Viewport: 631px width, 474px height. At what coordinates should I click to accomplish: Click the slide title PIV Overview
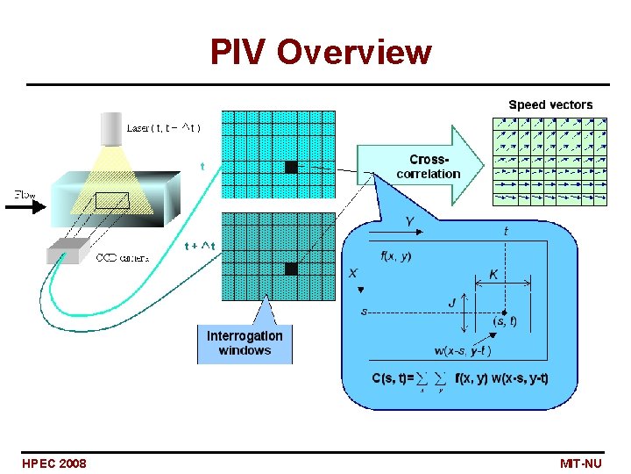click(x=320, y=53)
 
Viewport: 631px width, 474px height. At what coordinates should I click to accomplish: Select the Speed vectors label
click(x=550, y=104)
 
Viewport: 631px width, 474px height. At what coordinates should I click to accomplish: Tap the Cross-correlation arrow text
click(x=428, y=166)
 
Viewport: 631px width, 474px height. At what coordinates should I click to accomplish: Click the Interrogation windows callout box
click(x=245, y=342)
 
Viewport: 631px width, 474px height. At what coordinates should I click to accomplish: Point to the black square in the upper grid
click(x=291, y=167)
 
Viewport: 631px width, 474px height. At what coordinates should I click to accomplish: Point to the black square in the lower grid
click(x=291, y=269)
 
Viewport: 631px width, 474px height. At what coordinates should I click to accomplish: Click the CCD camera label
click(x=122, y=258)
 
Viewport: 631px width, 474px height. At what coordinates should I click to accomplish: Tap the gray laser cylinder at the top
click(x=135, y=130)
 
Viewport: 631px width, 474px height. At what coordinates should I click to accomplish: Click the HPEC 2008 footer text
click(x=54, y=463)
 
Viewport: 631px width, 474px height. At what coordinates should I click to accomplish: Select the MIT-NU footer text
click(x=580, y=463)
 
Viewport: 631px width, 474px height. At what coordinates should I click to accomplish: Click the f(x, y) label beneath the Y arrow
click(x=395, y=256)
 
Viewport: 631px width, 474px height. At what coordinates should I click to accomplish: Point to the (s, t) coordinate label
click(x=505, y=321)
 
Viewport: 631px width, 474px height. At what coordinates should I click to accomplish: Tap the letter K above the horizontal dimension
click(x=493, y=274)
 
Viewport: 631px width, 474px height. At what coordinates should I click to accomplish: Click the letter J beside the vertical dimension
click(x=452, y=303)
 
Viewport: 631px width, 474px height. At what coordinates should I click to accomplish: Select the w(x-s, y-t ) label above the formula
click(x=462, y=351)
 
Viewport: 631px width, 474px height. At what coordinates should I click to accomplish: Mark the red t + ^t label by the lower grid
click(x=200, y=246)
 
